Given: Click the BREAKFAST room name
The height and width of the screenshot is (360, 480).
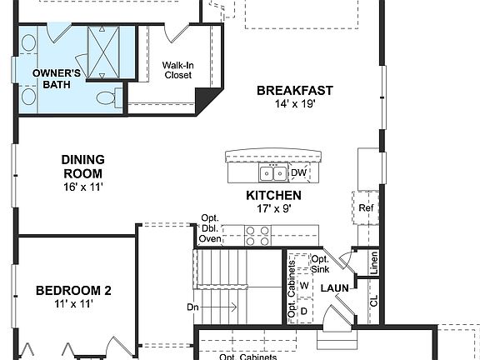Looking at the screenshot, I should pyautogui.click(x=295, y=91).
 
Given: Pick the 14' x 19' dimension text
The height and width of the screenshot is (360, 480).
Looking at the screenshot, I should pyautogui.click(x=295, y=104).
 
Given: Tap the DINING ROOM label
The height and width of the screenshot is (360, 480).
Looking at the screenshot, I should pyautogui.click(x=82, y=167).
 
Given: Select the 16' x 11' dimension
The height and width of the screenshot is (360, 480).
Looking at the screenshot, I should pyautogui.click(x=82, y=187).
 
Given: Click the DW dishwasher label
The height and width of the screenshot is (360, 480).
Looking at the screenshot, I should pyautogui.click(x=298, y=173).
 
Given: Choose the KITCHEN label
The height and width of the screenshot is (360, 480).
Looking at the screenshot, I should pyautogui.click(x=273, y=195).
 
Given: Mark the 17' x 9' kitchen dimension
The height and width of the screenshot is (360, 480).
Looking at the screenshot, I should pyautogui.click(x=273, y=208).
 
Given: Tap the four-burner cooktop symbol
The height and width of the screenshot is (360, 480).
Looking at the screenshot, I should pyautogui.click(x=257, y=236).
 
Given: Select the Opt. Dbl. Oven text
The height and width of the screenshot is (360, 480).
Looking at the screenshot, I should pyautogui.click(x=210, y=229).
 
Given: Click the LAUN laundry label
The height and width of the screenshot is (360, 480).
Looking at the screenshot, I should pyautogui.click(x=335, y=288).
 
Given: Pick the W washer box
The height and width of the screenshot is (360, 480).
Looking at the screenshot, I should pyautogui.click(x=304, y=286).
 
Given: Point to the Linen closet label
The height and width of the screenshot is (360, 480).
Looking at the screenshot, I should pyautogui.click(x=374, y=264).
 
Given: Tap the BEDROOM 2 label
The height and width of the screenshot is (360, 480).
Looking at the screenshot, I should pyautogui.click(x=73, y=291).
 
